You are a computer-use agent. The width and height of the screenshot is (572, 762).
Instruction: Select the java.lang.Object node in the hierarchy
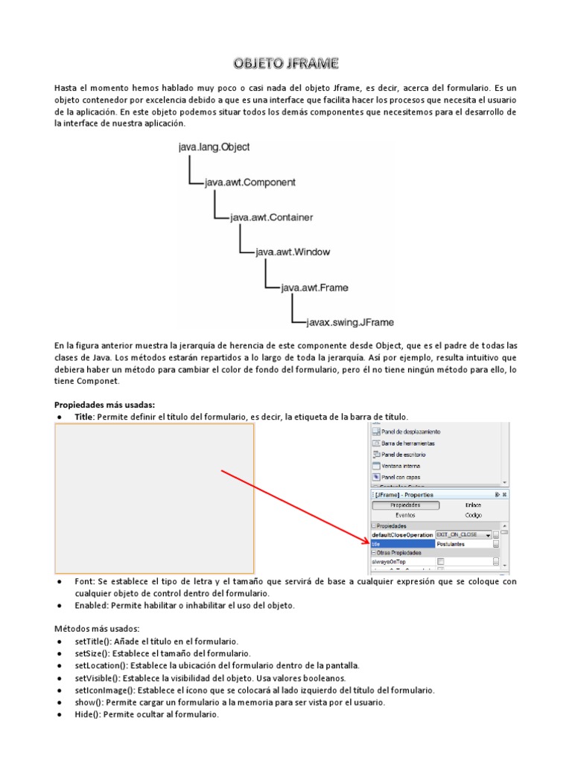214,147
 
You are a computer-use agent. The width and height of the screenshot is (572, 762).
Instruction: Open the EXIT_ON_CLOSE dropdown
488,535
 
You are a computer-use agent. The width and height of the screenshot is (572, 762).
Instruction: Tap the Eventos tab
405,514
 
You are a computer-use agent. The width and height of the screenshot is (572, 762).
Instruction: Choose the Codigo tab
474,514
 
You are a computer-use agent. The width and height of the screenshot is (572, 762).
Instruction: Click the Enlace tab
474,505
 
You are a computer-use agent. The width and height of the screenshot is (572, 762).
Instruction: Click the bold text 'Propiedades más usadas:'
104,405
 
